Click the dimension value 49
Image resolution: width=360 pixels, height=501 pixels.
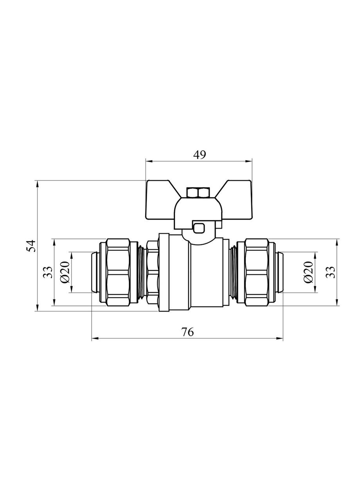(x=199, y=155)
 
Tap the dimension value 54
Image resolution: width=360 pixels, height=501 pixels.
(x=32, y=246)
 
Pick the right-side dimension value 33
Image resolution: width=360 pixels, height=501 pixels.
(x=331, y=272)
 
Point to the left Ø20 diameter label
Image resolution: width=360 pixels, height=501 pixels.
(x=65, y=272)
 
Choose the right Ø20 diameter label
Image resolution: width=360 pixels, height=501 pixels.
(x=308, y=272)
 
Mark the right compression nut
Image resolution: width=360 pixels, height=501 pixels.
(x=256, y=272)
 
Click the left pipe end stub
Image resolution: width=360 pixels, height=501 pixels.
(x=95, y=272)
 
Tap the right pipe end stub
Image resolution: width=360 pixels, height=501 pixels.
(x=279, y=272)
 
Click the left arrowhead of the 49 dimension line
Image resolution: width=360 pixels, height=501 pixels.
(x=149, y=161)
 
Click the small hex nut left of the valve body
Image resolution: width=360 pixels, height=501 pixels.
(x=153, y=272)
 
